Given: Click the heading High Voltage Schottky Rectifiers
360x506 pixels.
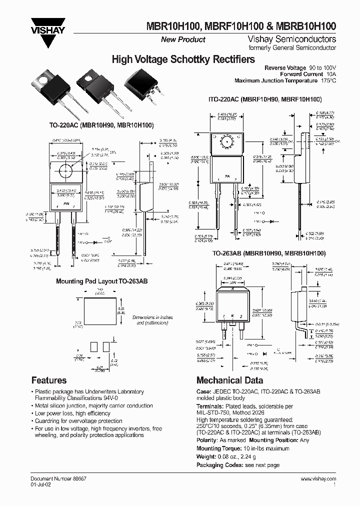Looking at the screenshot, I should pos(183,59).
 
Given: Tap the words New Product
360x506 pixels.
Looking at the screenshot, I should pos(183,39).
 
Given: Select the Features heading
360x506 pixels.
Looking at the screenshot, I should pos(49,380).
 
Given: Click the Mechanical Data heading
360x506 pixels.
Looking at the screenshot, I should pos(229,380).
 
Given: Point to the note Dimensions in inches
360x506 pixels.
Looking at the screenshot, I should pos(153,317).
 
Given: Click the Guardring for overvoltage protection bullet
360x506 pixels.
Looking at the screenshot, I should pos(79,421).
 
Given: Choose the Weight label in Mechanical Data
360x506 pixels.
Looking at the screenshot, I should pos(207,456).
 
